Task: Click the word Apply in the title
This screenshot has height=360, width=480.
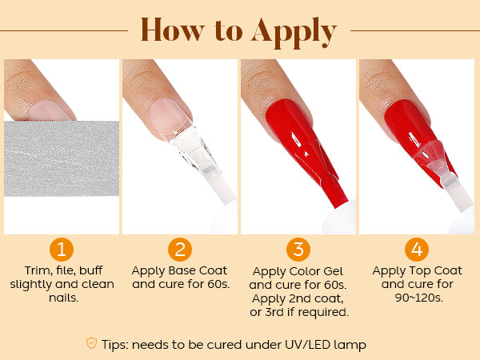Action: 294,33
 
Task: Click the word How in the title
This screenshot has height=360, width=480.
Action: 172,30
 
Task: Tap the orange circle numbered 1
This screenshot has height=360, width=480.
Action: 62,250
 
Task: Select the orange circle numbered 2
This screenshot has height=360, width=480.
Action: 180,250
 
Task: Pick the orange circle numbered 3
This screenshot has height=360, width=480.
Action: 298,250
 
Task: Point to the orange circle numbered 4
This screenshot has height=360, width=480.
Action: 417,250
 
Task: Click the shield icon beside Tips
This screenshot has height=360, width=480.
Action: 91,343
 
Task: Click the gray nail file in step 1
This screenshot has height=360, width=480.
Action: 62,158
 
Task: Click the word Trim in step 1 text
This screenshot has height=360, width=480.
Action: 36,270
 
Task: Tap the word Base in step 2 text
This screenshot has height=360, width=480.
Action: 182,270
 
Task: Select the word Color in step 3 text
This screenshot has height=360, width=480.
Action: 305,271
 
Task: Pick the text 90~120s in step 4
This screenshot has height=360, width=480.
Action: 418,298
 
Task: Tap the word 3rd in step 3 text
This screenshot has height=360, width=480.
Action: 274,312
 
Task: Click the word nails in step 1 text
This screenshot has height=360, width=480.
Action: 64,298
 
